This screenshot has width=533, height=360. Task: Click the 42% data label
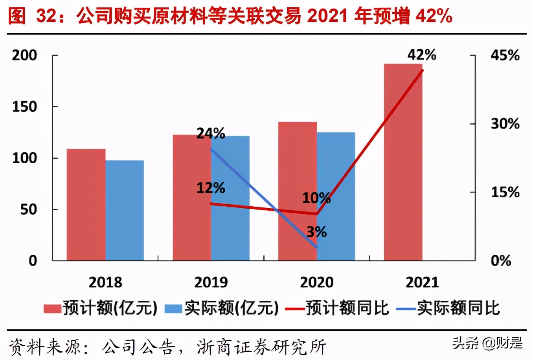[422, 55]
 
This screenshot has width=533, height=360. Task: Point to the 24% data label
[211, 134]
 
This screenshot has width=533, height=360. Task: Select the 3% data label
[316, 232]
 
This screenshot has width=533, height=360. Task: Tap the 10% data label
[316, 198]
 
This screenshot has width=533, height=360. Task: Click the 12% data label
[211, 188]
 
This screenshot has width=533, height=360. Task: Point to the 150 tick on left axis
[24, 107]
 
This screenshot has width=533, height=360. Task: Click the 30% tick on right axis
[505, 124]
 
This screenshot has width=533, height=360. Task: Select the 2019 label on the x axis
[211, 282]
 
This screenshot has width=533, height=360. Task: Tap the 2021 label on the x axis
[422, 282]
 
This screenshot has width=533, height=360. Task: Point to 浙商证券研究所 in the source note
[261, 347]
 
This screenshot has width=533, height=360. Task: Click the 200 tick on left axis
[24, 55]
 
